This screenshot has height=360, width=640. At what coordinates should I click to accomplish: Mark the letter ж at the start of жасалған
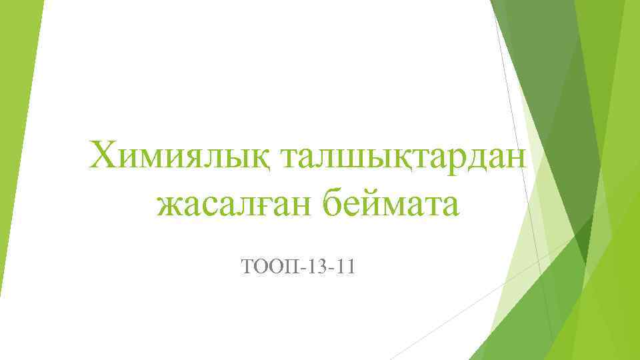(169, 207)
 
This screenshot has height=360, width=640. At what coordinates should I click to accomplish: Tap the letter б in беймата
(335, 204)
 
